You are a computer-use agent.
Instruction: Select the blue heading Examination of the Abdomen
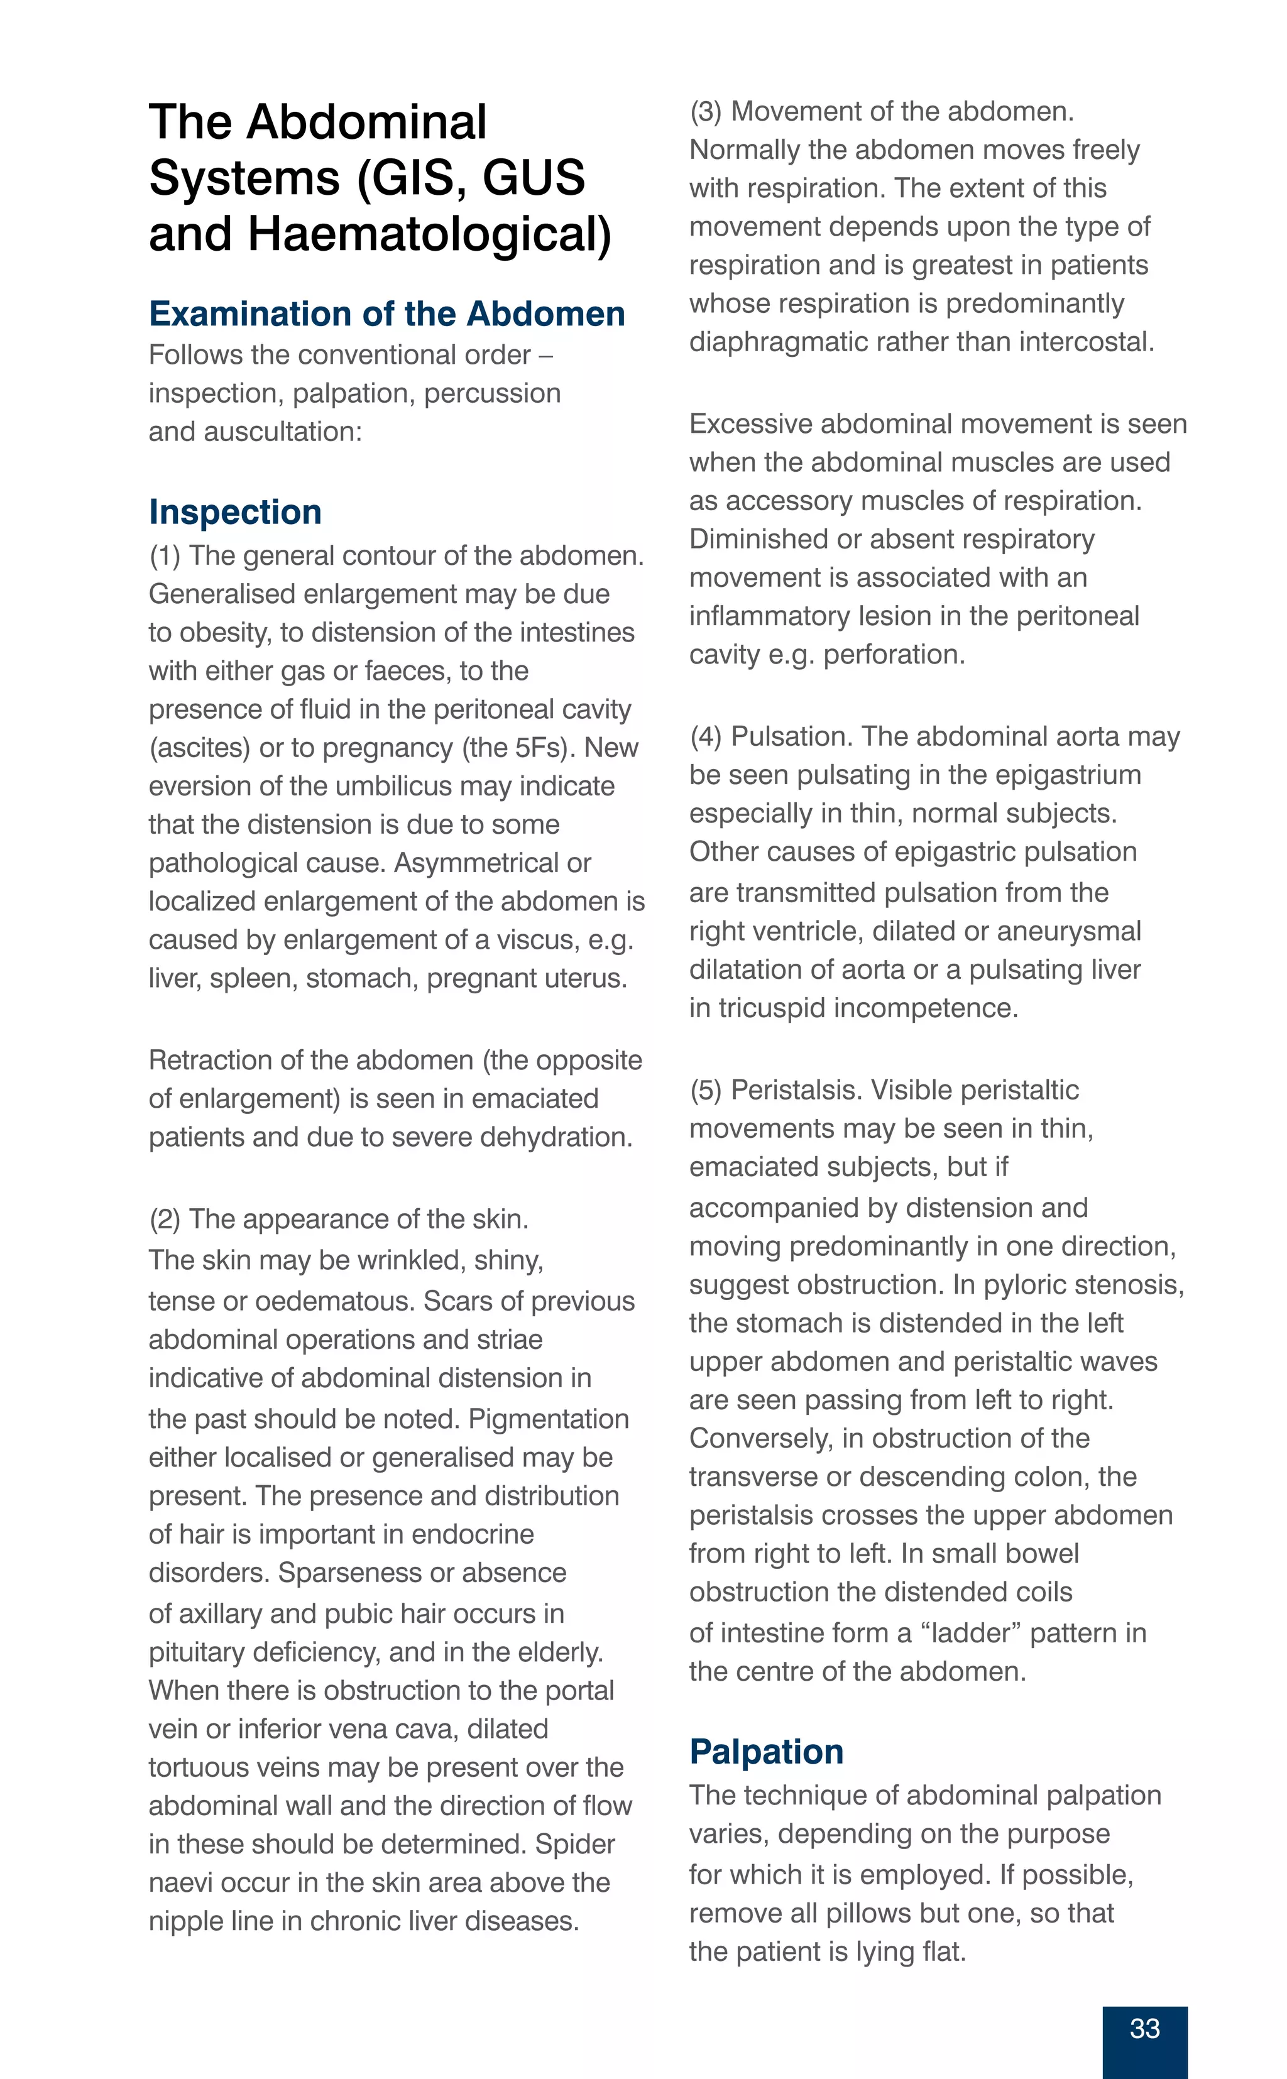[386, 314]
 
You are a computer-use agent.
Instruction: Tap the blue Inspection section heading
[235, 512]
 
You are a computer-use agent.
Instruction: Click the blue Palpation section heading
[766, 1752]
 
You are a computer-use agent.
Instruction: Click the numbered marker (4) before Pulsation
[706, 737]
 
